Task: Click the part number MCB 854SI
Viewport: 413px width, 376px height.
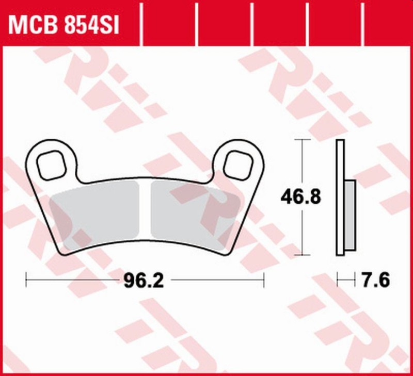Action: [x=63, y=25]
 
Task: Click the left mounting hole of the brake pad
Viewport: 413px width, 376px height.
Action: [x=51, y=165]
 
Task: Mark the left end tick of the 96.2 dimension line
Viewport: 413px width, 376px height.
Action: [x=26, y=281]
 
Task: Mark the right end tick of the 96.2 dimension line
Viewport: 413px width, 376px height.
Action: [x=264, y=281]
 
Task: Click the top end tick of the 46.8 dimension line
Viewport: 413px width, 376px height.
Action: [x=302, y=139]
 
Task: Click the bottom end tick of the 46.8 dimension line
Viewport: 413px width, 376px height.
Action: [x=302, y=255]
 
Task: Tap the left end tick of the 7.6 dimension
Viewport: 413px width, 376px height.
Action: [x=337, y=281]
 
